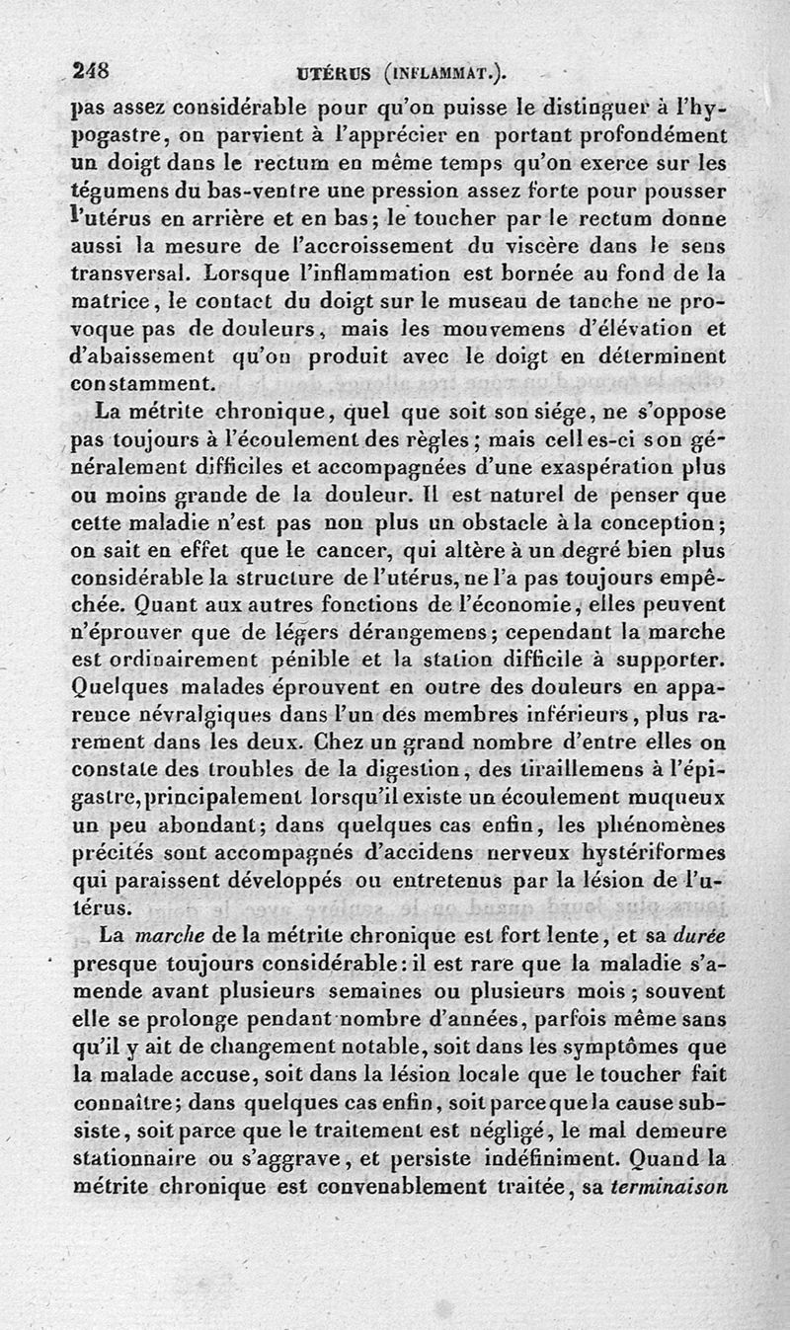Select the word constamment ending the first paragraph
[x=140, y=380]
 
